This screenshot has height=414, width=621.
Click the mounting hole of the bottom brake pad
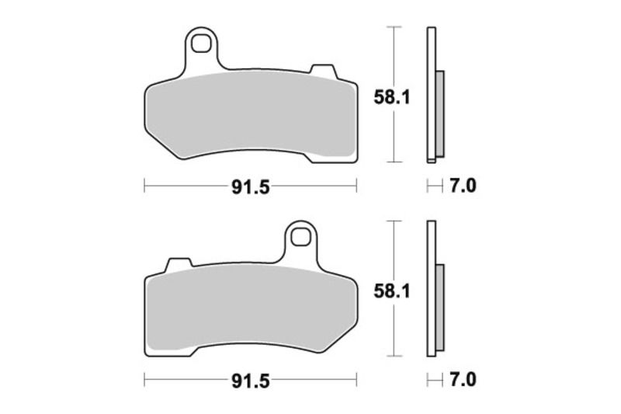pyautogui.click(x=300, y=238)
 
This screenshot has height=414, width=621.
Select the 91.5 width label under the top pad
pyautogui.click(x=251, y=187)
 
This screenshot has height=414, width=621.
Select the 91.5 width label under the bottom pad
pyautogui.click(x=251, y=381)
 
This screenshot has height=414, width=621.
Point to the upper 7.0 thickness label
pyautogui.click(x=463, y=186)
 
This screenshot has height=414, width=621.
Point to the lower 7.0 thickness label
pyautogui.click(x=463, y=381)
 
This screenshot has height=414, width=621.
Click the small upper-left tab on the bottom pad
pyautogui.click(x=179, y=266)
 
